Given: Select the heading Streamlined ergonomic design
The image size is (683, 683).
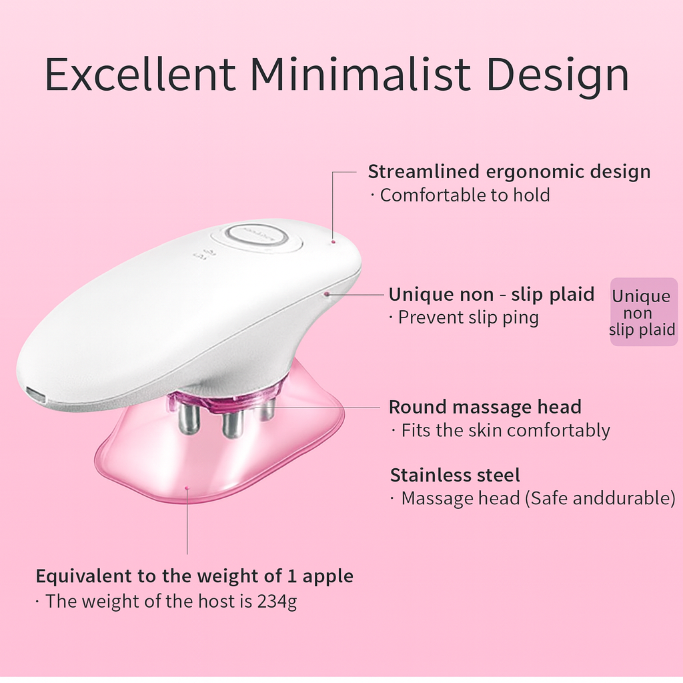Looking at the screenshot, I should [509, 172].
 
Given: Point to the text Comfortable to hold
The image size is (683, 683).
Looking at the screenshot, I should [465, 195].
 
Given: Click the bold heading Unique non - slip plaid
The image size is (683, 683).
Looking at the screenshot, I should [492, 294].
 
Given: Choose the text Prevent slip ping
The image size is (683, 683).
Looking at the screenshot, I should [468, 317].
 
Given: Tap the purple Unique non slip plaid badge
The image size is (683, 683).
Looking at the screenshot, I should [643, 312].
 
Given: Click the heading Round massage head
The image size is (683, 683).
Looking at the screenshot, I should [485, 407].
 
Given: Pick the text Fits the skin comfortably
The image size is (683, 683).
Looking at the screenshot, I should [505, 430].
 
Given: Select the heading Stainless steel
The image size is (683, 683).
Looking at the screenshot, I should [455, 476].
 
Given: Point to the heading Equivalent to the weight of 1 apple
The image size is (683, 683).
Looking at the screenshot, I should [194, 576].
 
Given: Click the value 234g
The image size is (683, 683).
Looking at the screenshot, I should [277, 602].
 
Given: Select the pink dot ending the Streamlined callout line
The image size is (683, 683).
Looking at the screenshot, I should [333, 241].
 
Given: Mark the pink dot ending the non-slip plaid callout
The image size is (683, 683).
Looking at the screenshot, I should [327, 293].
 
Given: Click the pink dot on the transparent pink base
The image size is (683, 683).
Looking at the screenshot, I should [187, 489].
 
